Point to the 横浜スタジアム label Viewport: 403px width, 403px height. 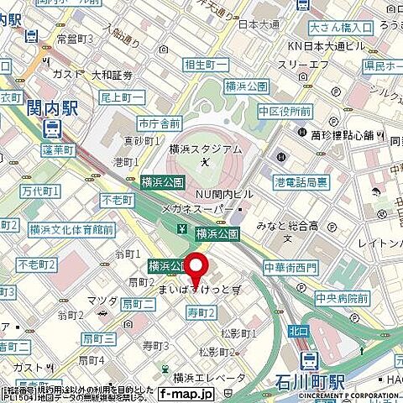coord(205,149)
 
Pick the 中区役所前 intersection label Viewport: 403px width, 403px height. coord(285,111)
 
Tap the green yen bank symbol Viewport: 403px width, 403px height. coord(181,229)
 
